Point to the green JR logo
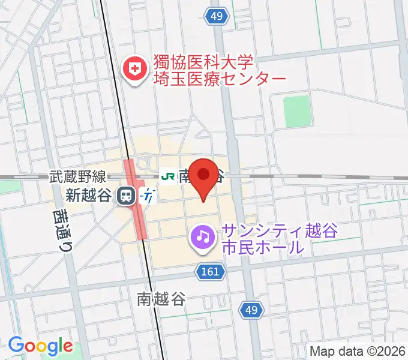[168, 176]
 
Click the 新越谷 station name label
[89, 195]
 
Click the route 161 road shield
[211, 272]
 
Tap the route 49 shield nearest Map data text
[252, 310]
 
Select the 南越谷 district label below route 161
[161, 298]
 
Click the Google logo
[40, 346]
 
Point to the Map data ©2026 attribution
[358, 352]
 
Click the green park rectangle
[296, 112]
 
